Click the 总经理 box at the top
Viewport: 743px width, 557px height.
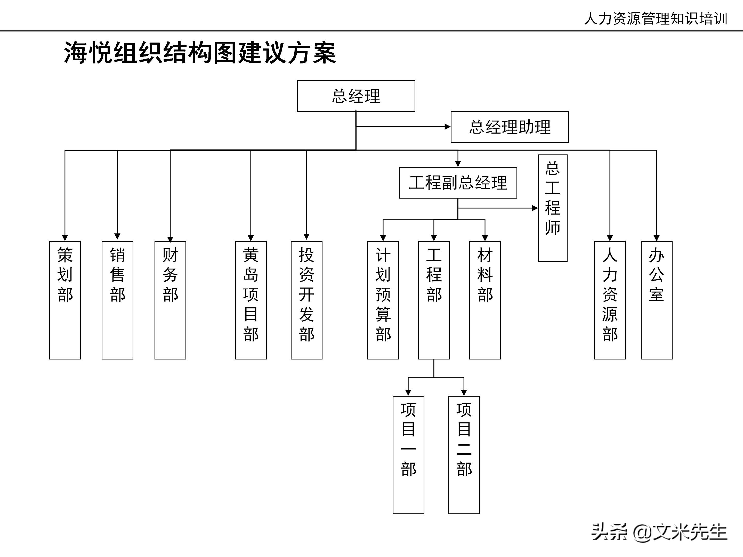(x=356, y=96)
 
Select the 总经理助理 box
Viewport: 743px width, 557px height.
(x=510, y=127)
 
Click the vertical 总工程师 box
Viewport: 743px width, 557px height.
(x=553, y=208)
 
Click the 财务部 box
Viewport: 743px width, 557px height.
(x=170, y=300)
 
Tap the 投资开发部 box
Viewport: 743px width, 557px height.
(x=306, y=300)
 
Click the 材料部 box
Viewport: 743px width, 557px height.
(x=485, y=300)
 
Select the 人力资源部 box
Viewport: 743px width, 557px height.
(x=610, y=300)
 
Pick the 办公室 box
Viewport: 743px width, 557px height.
(x=656, y=300)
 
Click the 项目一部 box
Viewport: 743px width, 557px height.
(x=408, y=455)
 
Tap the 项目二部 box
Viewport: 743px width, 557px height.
(x=464, y=455)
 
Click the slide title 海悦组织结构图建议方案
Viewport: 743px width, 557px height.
(x=200, y=53)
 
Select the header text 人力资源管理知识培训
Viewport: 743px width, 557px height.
(x=655, y=19)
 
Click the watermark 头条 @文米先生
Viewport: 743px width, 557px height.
(x=659, y=532)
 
